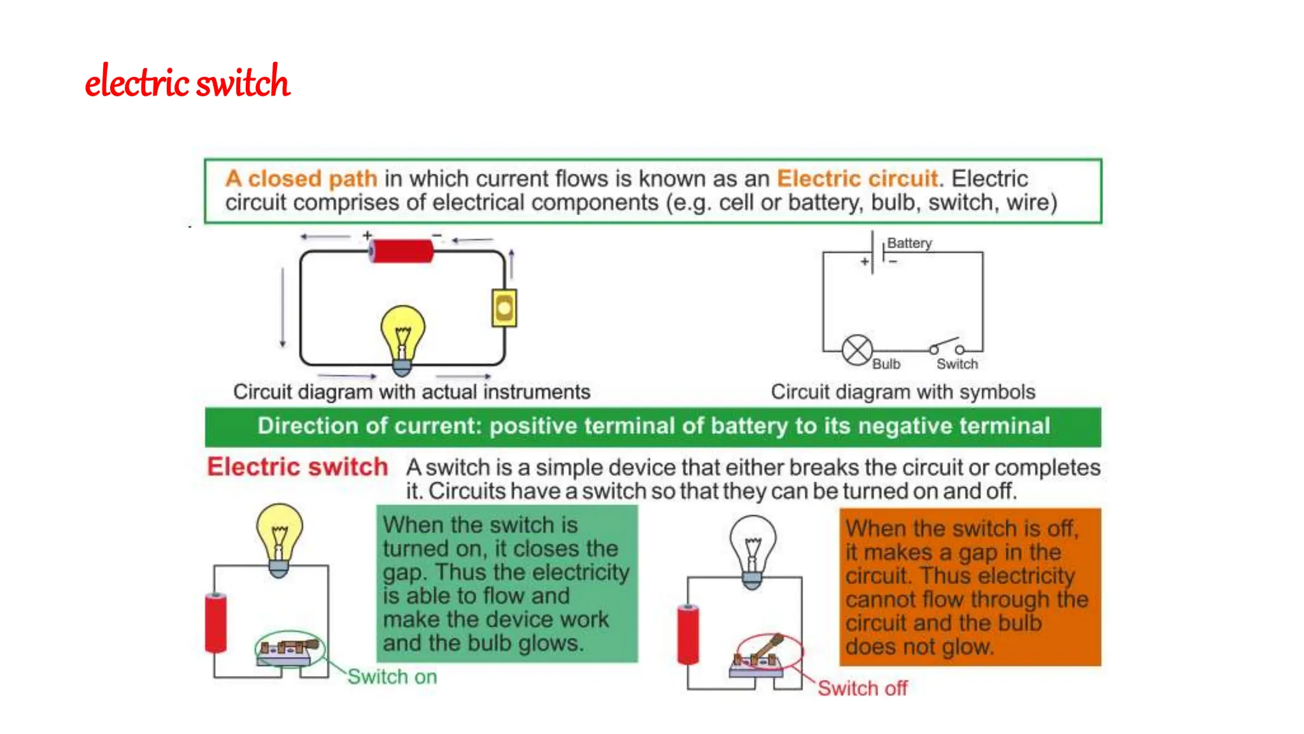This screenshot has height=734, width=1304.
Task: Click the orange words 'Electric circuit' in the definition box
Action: (x=857, y=178)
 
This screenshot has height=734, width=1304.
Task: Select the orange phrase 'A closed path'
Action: (x=301, y=178)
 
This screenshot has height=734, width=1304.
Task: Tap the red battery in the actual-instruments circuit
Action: (x=402, y=251)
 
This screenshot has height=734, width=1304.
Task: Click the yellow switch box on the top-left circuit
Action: (x=504, y=308)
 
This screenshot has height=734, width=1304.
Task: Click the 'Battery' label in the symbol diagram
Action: (x=909, y=243)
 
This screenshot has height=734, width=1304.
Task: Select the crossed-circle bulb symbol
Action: (x=857, y=350)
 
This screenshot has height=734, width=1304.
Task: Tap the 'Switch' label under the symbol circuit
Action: (x=957, y=364)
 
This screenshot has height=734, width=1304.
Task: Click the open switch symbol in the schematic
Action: (x=946, y=347)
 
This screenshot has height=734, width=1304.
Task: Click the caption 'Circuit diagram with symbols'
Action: (x=903, y=391)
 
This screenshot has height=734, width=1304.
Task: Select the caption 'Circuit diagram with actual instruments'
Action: (x=411, y=391)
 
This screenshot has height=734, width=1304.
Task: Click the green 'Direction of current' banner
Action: (x=653, y=426)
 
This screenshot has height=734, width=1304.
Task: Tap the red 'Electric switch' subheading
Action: (x=297, y=467)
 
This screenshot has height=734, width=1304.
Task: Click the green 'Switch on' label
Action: (x=392, y=677)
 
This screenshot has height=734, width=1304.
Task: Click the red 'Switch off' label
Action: (x=862, y=688)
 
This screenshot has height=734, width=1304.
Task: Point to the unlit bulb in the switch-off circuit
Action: (x=753, y=547)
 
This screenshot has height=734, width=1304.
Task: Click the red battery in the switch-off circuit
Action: (x=688, y=634)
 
